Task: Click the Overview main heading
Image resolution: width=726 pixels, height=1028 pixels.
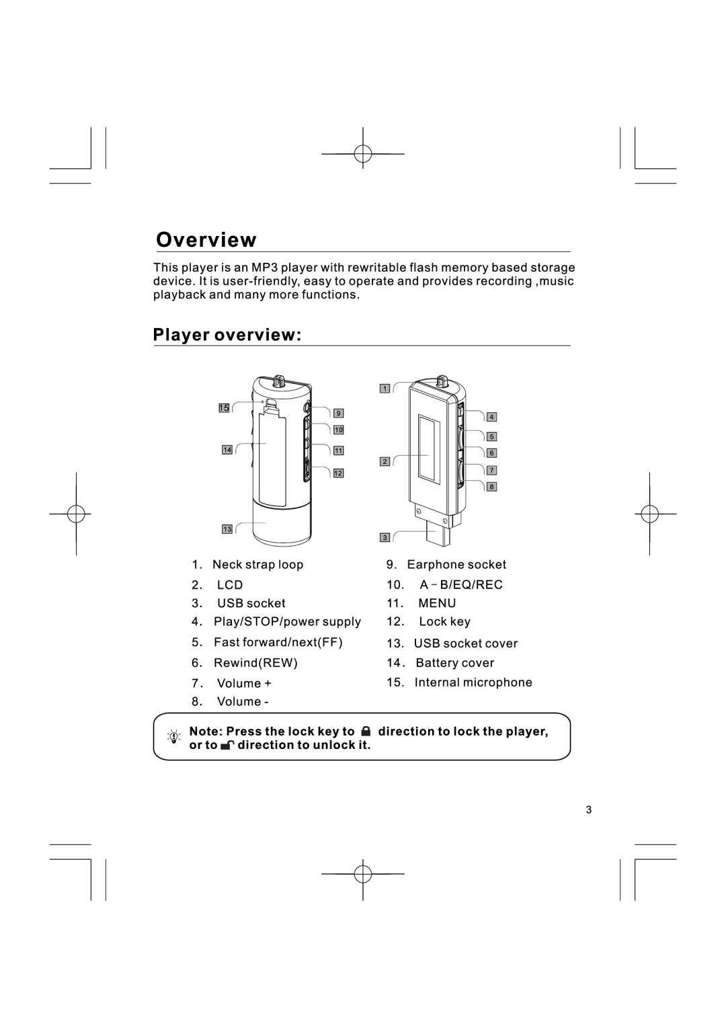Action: tap(206, 240)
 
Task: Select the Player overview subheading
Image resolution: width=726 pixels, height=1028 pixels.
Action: tap(227, 335)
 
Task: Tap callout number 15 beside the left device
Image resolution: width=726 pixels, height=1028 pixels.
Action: tap(224, 408)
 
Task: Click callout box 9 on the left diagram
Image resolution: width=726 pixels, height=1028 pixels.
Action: tap(338, 413)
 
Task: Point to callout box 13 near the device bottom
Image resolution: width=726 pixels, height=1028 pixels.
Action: tap(227, 530)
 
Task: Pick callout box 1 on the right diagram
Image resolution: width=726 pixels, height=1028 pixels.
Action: tap(385, 389)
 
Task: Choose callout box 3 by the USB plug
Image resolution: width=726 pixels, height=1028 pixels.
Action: tap(385, 538)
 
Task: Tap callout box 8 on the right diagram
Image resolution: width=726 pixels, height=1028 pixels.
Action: tap(491, 487)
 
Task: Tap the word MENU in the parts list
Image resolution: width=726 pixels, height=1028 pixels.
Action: tap(437, 603)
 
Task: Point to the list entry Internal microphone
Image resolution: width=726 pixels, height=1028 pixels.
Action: tap(473, 682)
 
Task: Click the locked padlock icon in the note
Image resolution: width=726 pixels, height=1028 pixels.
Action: tap(365, 731)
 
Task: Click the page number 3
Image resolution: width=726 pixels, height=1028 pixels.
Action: tap(589, 809)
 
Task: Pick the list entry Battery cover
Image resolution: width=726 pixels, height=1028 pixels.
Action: tap(454, 663)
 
